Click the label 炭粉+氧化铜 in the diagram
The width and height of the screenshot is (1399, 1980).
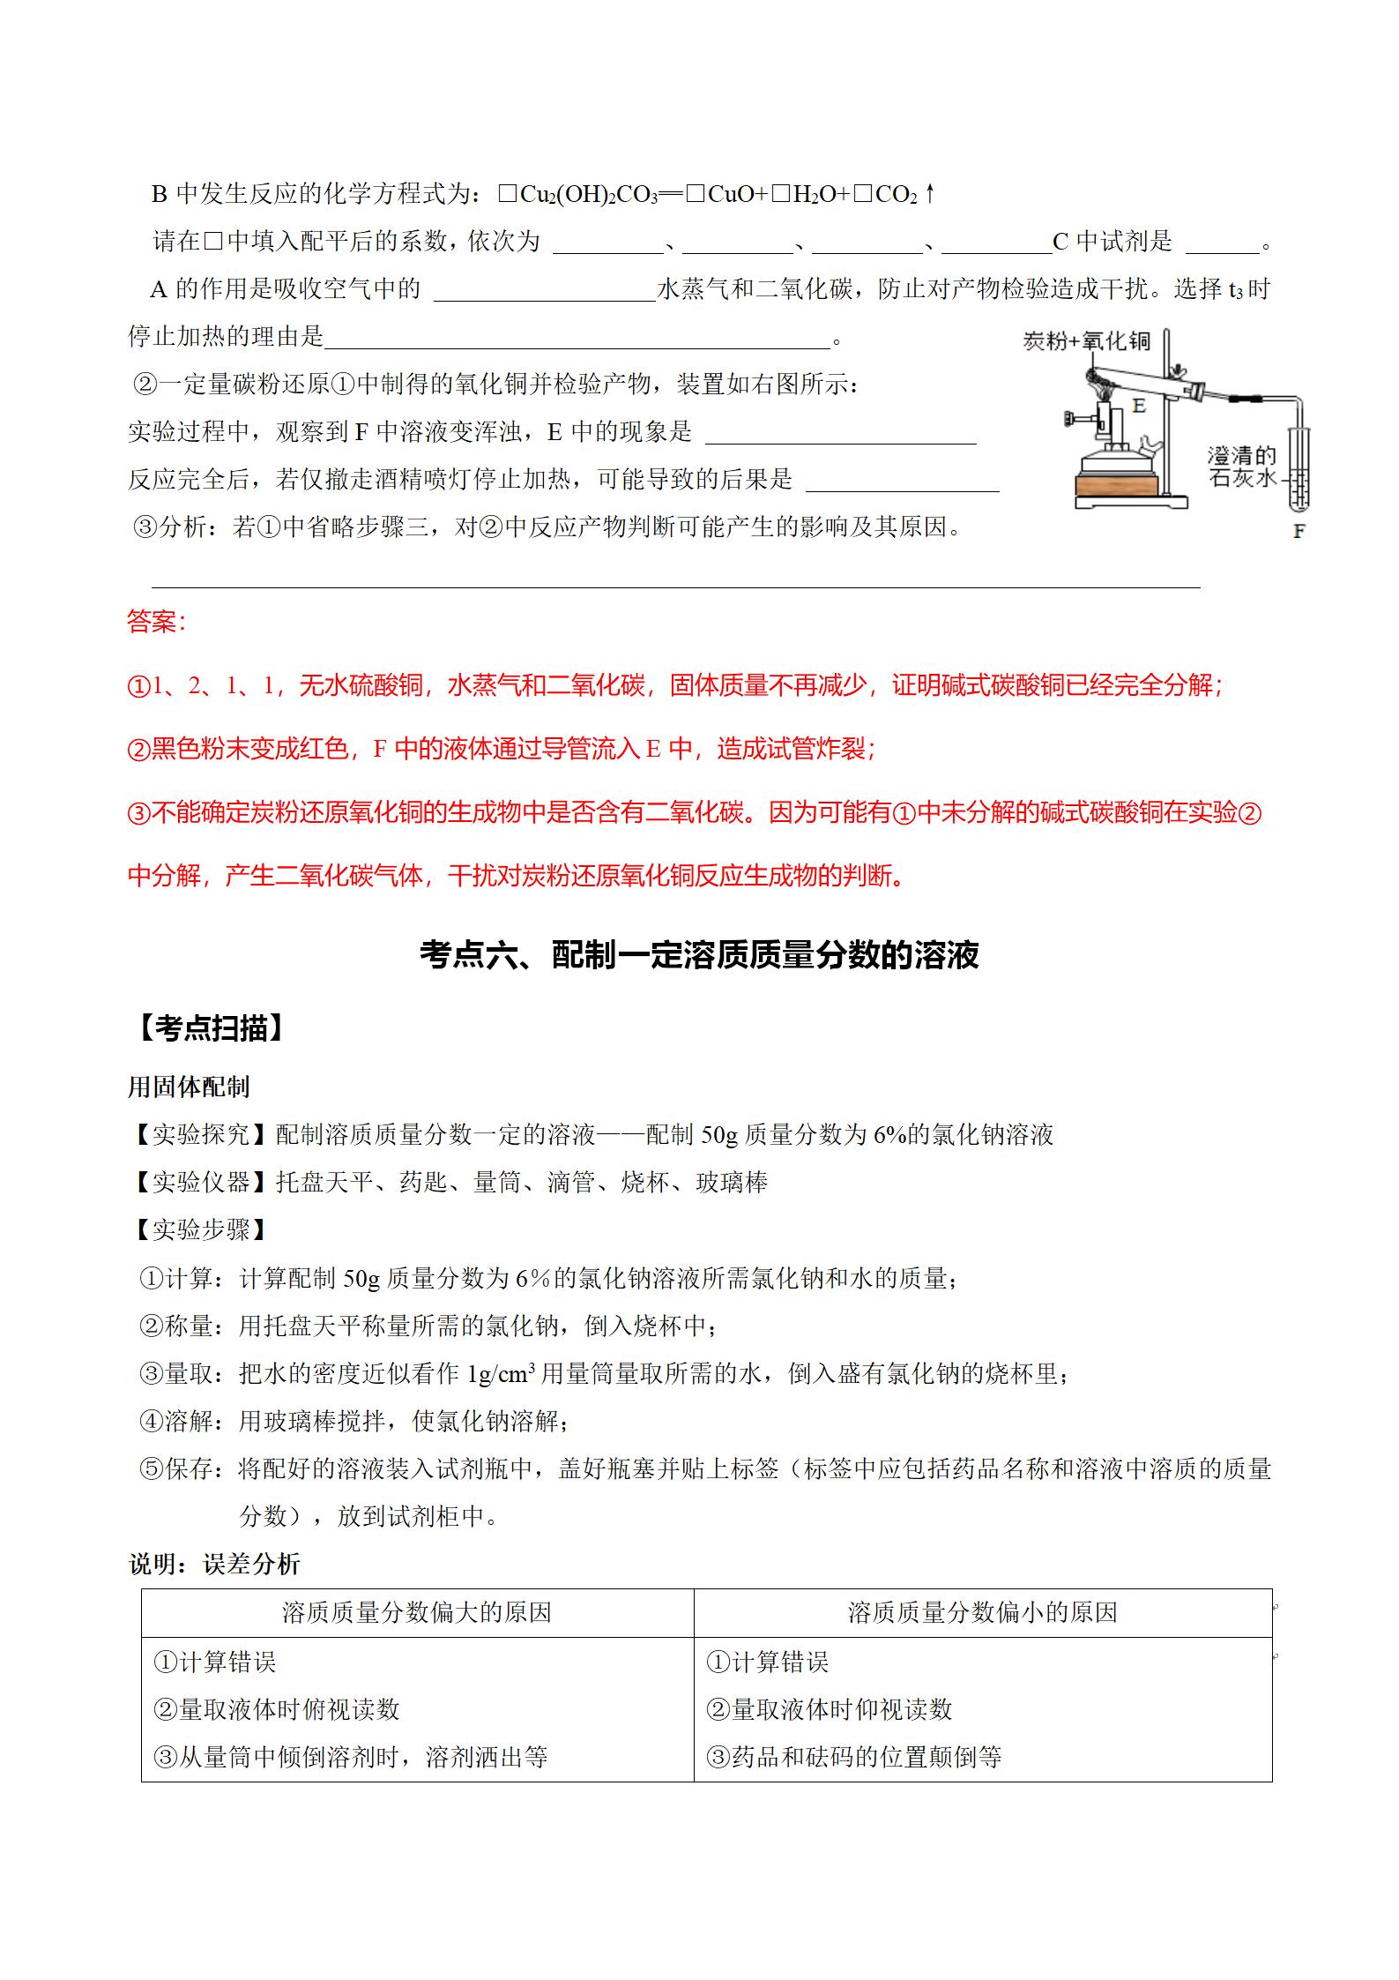pyautogui.click(x=1086, y=341)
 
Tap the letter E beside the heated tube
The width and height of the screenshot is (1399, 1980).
pyautogui.click(x=1139, y=407)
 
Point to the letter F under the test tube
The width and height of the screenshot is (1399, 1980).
pyautogui.click(x=1298, y=532)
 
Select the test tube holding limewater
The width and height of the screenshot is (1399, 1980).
pyautogui.click(x=1299, y=472)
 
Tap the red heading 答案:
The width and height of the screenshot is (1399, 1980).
pyautogui.click(x=157, y=621)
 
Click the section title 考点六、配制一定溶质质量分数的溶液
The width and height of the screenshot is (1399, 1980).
pyautogui.click(x=699, y=955)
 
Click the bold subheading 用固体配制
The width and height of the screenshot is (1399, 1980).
pyautogui.click(x=189, y=1087)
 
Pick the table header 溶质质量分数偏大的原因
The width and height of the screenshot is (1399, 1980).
pyautogui.click(x=417, y=1613)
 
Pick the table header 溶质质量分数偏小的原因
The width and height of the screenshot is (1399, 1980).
pyautogui.click(x=982, y=1613)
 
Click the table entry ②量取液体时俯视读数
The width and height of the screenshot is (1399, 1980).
pyautogui.click(x=277, y=1709)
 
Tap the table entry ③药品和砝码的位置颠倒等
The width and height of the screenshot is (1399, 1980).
pyautogui.click(x=853, y=1757)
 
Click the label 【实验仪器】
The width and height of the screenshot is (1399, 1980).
pyautogui.click(x=200, y=1182)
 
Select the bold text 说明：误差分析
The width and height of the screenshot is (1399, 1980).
pyautogui.click(x=214, y=1565)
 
